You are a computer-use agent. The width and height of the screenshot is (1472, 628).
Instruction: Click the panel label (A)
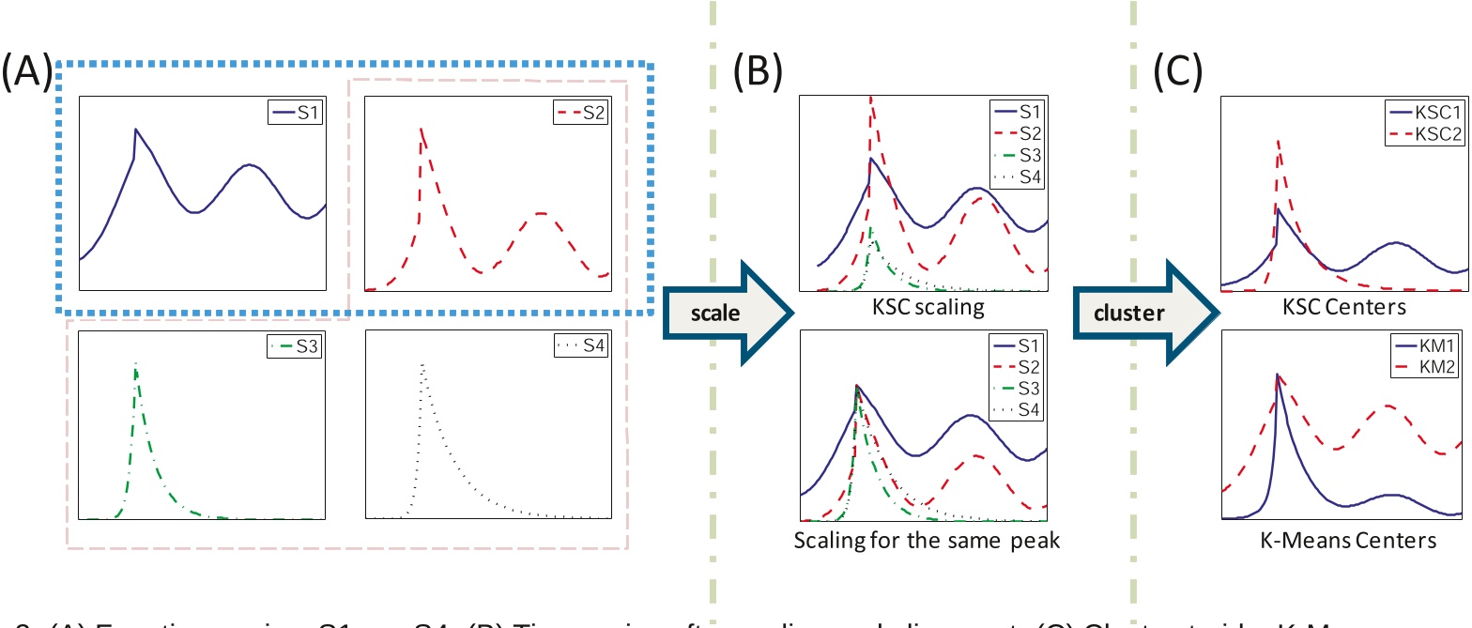pos(27,71)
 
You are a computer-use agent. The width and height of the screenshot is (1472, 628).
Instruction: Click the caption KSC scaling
pos(923,306)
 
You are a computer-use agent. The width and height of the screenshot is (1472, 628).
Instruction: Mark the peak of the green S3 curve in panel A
pos(136,363)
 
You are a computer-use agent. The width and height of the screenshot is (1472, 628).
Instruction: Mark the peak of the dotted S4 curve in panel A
pos(423,364)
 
